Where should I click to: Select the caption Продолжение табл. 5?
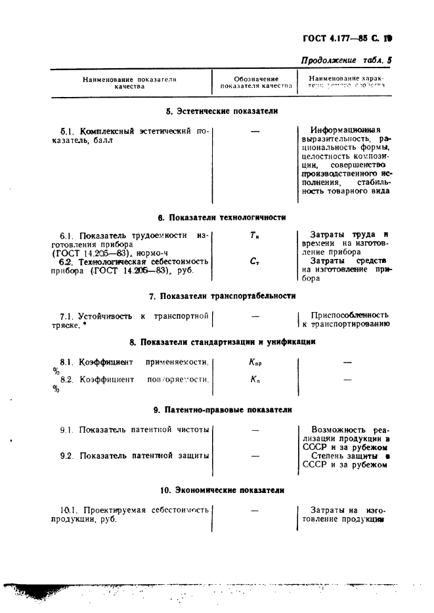[x=346, y=60]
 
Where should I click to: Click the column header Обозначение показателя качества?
[x=255, y=83]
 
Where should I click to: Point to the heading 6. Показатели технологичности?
[x=222, y=217]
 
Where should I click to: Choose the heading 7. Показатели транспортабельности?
[x=222, y=296]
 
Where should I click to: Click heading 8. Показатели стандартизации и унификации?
[x=223, y=342]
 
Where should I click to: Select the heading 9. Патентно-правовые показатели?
[x=223, y=410]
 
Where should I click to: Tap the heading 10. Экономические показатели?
[x=223, y=489]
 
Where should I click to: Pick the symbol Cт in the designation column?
[x=255, y=261]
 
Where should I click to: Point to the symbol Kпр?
[x=255, y=362]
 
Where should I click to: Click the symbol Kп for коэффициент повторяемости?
[x=255, y=380]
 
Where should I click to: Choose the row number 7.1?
[x=68, y=316]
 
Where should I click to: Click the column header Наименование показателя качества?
[x=129, y=83]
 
